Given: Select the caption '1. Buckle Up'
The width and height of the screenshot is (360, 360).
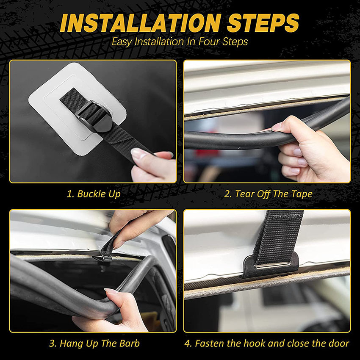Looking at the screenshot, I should coord(94,194).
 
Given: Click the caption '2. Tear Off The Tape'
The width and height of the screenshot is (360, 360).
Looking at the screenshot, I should coord(268,194).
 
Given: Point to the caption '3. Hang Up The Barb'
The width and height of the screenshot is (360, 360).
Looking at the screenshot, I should coord(94,343).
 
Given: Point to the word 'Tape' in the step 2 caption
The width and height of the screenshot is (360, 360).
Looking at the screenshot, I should coord(301,194).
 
